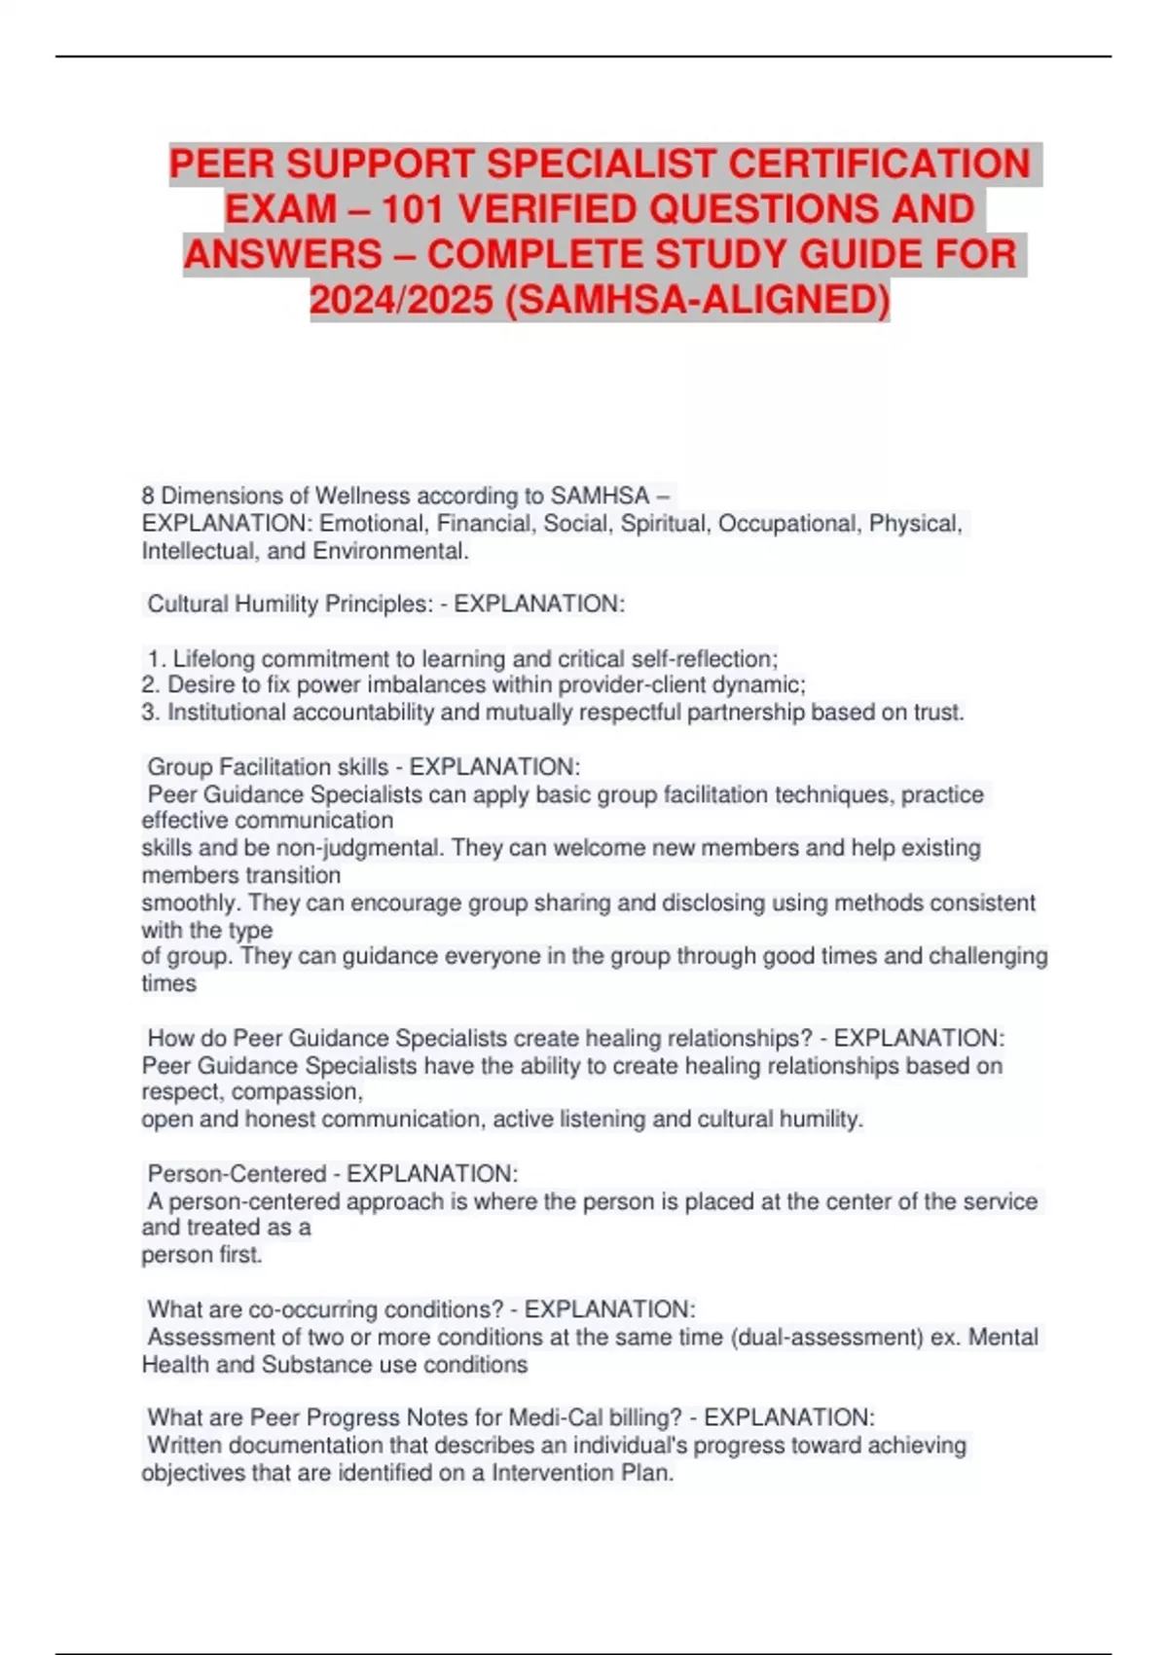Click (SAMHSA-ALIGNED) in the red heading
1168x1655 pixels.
[x=698, y=300]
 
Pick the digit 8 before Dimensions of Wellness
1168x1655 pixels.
[x=148, y=496]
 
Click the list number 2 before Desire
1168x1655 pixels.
[x=149, y=685]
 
